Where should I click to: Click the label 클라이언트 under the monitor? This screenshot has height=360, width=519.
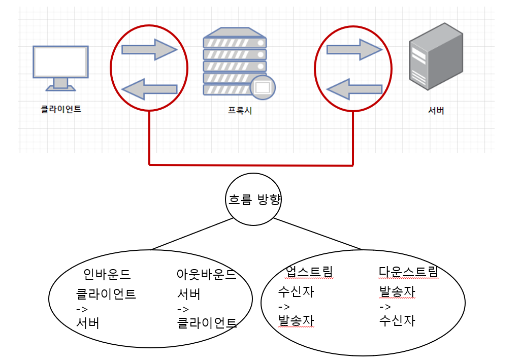tap(61, 109)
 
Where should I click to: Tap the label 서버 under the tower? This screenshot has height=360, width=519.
tap(436, 110)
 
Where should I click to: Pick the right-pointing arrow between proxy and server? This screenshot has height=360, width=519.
tap(354, 49)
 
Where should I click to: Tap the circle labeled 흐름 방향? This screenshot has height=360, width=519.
tap(253, 199)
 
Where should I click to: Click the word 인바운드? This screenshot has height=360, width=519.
tap(107, 275)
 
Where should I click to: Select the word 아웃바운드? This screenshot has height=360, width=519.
tap(206, 275)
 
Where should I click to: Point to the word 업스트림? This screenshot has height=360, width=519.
tap(309, 272)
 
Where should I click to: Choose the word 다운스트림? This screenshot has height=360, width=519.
tap(408, 272)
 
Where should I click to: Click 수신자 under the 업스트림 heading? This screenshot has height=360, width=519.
tap(296, 292)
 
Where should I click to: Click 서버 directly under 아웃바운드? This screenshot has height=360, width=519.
tap(188, 294)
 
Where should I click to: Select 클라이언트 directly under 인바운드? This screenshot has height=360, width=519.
tap(106, 294)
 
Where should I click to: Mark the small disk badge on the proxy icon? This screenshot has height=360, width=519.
tap(263, 87)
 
